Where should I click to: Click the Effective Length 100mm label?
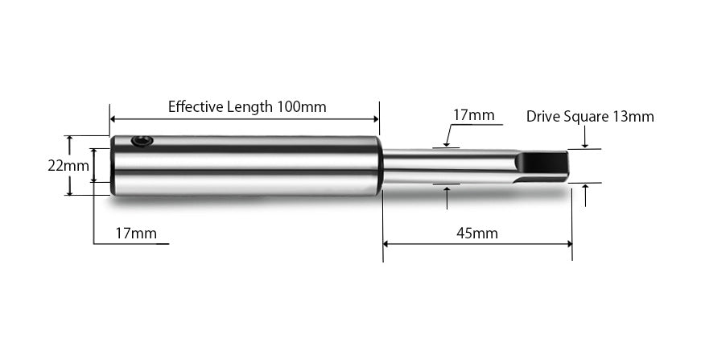click(247, 106)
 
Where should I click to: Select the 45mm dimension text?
click(476, 234)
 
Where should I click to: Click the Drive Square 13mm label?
click(590, 117)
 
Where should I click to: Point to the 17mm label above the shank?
click(473, 115)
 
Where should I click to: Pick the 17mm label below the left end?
click(135, 234)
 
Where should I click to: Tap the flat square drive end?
click(544, 165)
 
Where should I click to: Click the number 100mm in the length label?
click(302, 106)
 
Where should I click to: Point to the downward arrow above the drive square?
click(585, 145)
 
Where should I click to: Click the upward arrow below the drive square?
click(585, 188)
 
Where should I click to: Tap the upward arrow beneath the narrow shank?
click(447, 188)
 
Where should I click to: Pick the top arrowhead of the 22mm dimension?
click(70, 139)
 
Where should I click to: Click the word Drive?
click(543, 117)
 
